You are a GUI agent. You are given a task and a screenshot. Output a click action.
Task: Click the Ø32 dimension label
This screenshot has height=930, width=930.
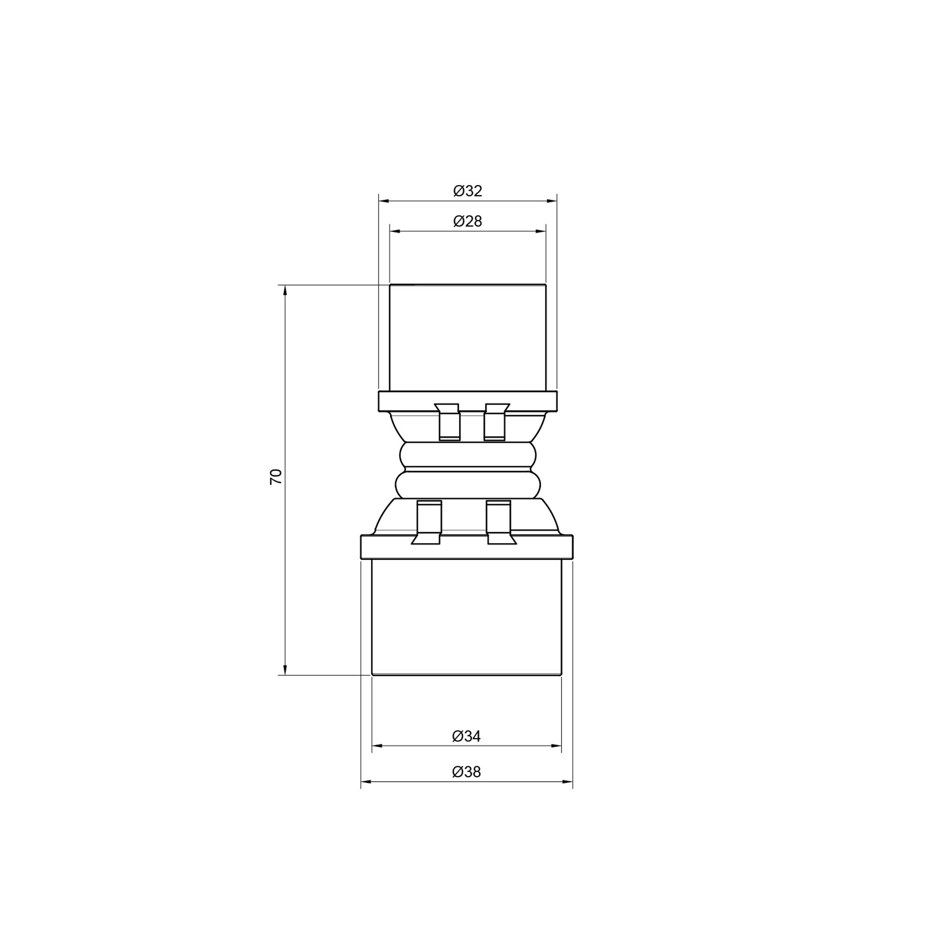467,191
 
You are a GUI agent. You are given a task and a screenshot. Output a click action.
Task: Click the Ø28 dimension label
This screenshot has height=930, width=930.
467,221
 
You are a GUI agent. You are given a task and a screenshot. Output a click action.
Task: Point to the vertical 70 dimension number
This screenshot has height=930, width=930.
276,476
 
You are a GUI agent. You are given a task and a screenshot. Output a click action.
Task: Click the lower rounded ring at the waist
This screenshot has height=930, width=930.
467,485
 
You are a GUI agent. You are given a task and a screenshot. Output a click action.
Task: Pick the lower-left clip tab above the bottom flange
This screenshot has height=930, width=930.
428,522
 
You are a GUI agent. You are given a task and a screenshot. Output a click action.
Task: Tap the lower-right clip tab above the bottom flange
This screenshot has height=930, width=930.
499,522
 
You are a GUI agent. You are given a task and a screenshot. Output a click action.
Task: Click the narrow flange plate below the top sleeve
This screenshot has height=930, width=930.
467,401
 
